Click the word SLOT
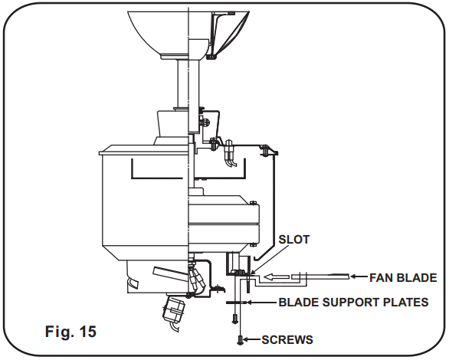(294, 240)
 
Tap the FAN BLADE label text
(404, 277)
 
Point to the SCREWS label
(287, 339)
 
